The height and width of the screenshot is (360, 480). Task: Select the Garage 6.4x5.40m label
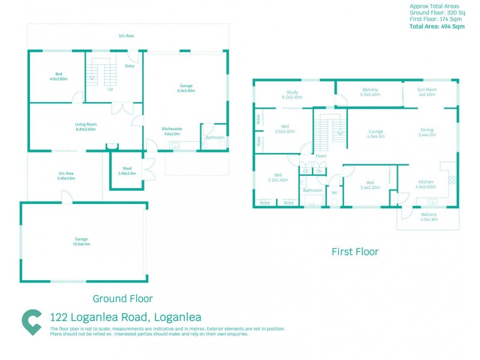point(187,88)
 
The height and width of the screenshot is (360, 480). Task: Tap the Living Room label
point(86,126)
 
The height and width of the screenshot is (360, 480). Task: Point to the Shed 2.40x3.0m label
point(127,170)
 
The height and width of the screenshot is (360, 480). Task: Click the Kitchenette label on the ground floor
point(172,131)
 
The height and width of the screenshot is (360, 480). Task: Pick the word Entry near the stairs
point(130,66)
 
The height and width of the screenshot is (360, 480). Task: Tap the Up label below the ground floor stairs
point(110,89)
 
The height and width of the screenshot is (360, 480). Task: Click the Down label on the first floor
point(321,156)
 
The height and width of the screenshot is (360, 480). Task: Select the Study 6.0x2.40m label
point(292,94)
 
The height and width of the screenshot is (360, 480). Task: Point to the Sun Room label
point(427,92)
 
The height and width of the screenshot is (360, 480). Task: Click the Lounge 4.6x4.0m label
point(376,133)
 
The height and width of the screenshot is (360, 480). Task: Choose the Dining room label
point(427,133)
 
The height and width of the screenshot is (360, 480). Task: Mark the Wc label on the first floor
point(335,193)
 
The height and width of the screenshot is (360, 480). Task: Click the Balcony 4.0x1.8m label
point(428,217)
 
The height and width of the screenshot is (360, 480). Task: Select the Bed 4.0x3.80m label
point(58,77)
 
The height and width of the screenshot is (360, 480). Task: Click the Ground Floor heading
point(122,298)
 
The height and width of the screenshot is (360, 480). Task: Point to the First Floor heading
point(355,252)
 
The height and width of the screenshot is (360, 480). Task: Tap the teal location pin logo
point(31,322)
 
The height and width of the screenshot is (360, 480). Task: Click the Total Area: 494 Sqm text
point(437,26)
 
